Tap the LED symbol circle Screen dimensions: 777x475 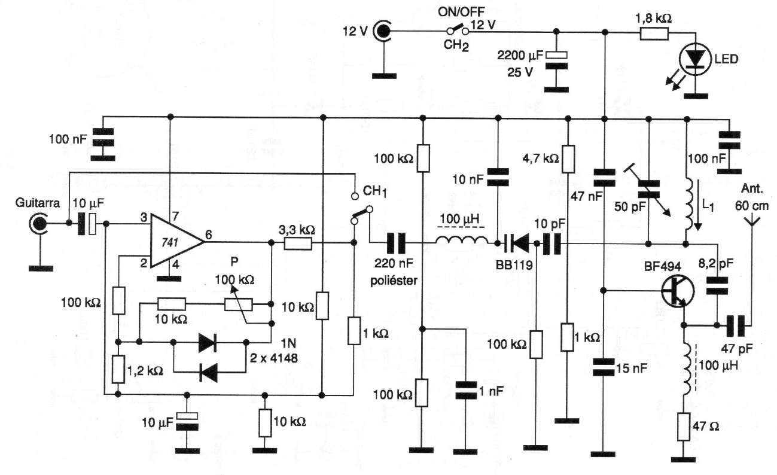(x=696, y=59)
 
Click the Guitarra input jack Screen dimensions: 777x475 (x=38, y=224)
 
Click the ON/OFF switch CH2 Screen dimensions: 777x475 (x=458, y=30)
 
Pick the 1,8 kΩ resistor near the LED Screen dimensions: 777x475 (x=654, y=34)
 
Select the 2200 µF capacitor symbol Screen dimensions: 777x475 (x=556, y=60)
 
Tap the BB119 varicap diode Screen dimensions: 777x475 (x=517, y=243)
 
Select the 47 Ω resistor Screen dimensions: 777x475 (x=683, y=427)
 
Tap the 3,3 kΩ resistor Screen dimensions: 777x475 (x=298, y=243)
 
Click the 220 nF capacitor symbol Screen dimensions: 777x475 (x=396, y=243)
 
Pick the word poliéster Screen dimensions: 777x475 (x=394, y=281)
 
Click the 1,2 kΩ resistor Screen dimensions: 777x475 (x=118, y=369)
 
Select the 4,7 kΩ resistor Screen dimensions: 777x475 (x=568, y=159)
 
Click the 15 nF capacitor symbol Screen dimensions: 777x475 (x=603, y=368)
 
